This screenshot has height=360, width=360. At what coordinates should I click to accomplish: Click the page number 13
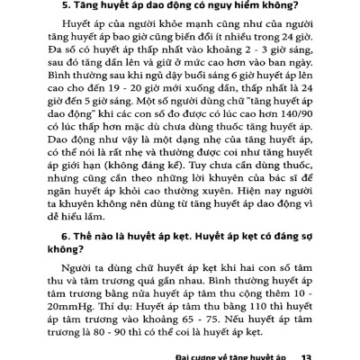(x=307, y=355)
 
